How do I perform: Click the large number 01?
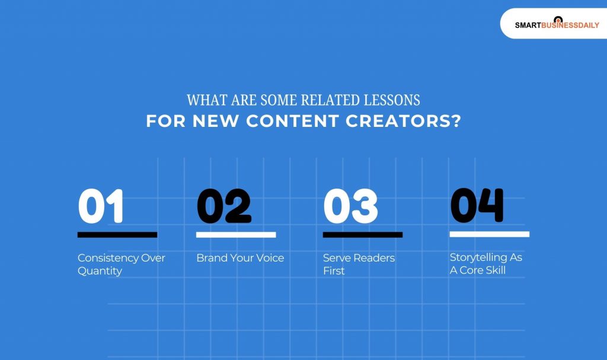pyautogui.click(x=101, y=206)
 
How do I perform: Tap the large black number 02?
pyautogui.click(x=223, y=206)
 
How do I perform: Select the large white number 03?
pyautogui.click(x=350, y=206)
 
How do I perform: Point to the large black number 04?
pyautogui.click(x=477, y=205)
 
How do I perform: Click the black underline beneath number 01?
pyautogui.click(x=117, y=235)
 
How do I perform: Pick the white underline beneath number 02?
pyautogui.click(x=236, y=235)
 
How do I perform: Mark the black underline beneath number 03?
pyautogui.click(x=363, y=235)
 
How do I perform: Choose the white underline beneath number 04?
pyautogui.click(x=489, y=234)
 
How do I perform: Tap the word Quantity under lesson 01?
pyautogui.click(x=100, y=271)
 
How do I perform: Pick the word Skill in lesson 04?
pyautogui.click(x=494, y=270)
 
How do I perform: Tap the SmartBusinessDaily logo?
pyautogui.click(x=557, y=24)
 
